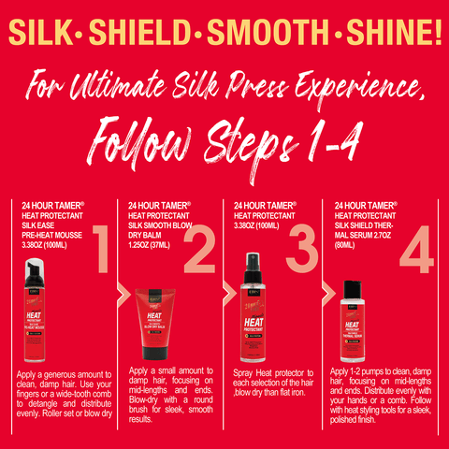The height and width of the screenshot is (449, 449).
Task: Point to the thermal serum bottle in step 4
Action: pyautogui.click(x=352, y=323)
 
